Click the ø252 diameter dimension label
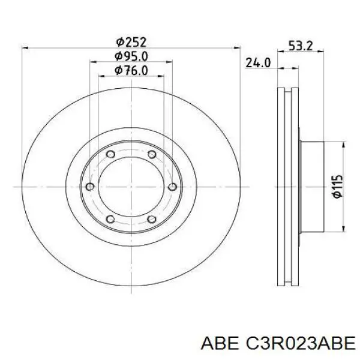point(131,42)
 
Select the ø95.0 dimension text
point(131,56)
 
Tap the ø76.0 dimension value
point(131,70)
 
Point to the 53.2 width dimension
point(301,46)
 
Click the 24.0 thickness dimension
point(258,62)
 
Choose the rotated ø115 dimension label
point(337,187)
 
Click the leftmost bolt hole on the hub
point(90,187)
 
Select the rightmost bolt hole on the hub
point(172,187)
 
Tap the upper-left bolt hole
point(110,154)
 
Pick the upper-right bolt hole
point(152,154)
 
